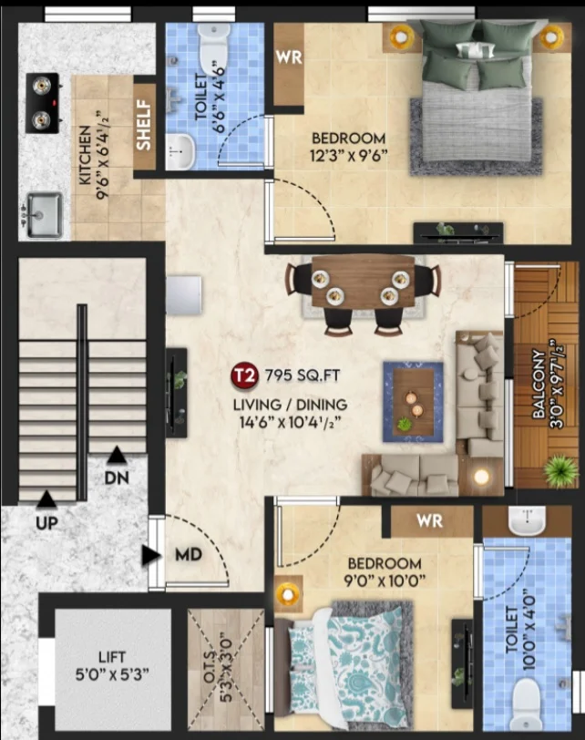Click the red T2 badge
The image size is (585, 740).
(x=244, y=375)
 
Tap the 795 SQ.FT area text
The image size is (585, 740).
(x=303, y=375)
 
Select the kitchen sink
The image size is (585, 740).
(x=44, y=215)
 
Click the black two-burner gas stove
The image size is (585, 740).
(x=43, y=103)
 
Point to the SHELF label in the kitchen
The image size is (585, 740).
(x=144, y=125)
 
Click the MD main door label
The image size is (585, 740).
(x=189, y=554)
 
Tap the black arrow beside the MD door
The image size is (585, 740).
(x=151, y=556)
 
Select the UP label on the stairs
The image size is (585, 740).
(x=46, y=523)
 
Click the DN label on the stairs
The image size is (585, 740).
(x=117, y=478)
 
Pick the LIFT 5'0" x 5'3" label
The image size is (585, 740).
(x=112, y=665)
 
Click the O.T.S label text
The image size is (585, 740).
(x=210, y=666)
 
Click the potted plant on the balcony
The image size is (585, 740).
(x=560, y=470)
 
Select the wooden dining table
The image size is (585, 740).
(x=363, y=282)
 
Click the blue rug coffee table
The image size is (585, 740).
(x=414, y=402)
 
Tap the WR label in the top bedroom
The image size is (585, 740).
(x=289, y=57)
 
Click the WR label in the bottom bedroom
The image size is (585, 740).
(x=430, y=520)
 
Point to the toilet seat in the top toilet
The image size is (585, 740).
(x=214, y=47)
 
